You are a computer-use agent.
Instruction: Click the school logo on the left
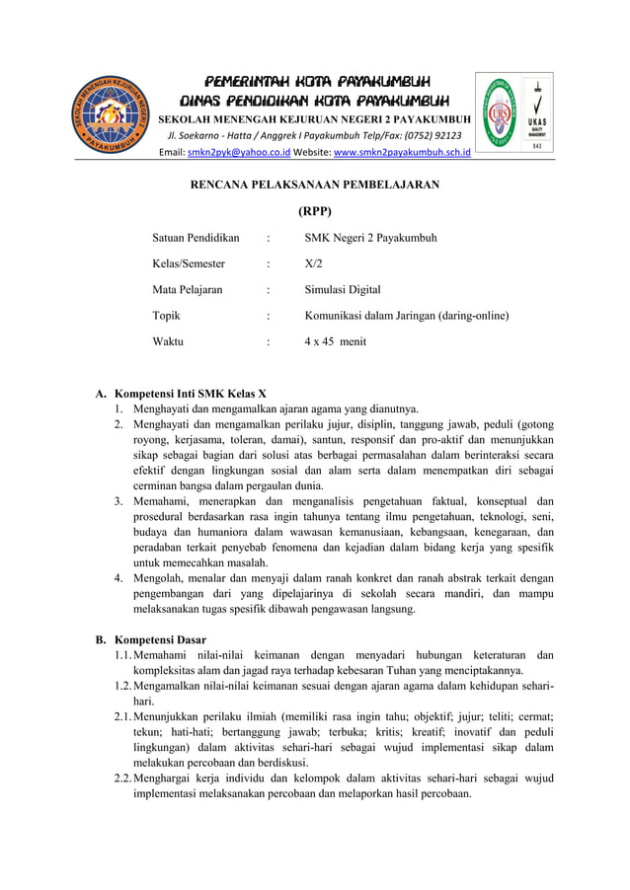[x=110, y=115]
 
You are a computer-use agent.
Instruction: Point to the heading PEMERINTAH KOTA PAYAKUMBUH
[x=315, y=81]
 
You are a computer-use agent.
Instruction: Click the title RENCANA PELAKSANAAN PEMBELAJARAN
[x=314, y=184]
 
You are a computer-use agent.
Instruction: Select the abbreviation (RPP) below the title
[x=314, y=210]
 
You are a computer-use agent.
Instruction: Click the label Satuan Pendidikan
[x=196, y=238]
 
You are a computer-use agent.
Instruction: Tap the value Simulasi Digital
[x=342, y=290]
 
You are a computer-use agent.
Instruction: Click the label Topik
[x=166, y=316]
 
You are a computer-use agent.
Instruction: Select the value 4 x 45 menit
[x=335, y=341]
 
